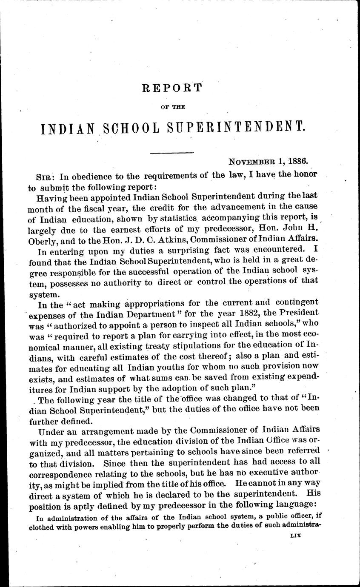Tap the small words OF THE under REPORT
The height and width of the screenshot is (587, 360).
coord(171,107)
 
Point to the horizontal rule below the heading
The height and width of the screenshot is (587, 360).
coord(172,152)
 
